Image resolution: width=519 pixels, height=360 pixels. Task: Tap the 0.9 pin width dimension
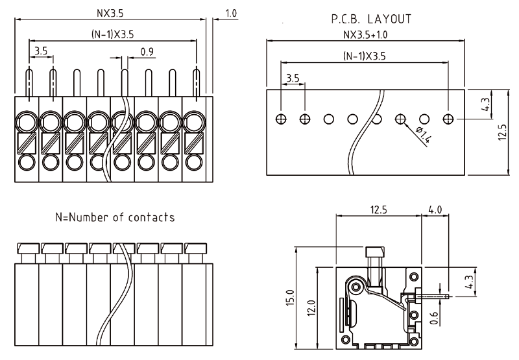point(147,53)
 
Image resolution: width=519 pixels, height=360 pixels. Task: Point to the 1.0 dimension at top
point(230,13)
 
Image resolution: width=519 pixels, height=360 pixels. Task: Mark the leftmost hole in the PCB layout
point(280,119)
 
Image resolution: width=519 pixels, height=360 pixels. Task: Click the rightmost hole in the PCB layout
point(448,119)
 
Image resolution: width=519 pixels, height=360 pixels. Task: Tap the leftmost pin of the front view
point(29,83)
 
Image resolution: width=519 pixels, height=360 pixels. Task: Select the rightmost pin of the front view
point(196,83)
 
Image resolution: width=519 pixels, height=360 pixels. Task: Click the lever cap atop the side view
point(374,252)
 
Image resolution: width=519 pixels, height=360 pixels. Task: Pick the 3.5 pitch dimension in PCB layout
point(292,78)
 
